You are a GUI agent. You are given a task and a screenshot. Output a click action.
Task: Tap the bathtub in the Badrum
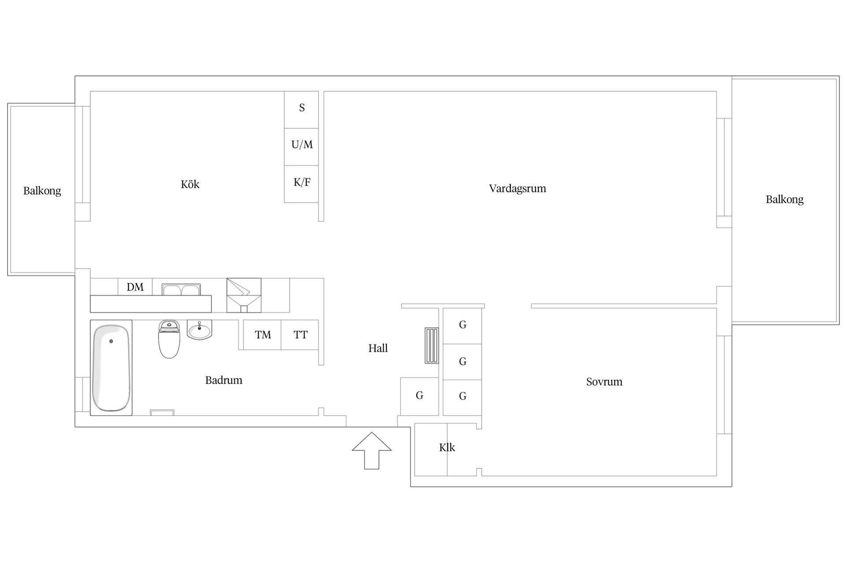click(111, 368)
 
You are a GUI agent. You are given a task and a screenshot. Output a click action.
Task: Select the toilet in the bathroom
click(169, 339)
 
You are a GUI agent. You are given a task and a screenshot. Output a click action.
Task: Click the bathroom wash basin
click(200, 330)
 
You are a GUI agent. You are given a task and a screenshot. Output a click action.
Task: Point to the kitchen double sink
click(181, 289)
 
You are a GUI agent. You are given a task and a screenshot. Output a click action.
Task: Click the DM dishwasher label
click(135, 287)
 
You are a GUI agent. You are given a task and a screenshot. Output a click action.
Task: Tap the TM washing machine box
click(263, 335)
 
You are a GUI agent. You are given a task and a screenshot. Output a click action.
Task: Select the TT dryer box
click(300, 335)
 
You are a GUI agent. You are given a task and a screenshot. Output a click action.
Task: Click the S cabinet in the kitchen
click(301, 110)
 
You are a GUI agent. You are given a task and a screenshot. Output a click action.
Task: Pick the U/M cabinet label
click(302, 145)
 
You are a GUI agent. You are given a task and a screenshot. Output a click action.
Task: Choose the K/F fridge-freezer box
click(301, 184)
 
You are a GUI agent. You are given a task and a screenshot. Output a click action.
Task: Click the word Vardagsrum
click(517, 189)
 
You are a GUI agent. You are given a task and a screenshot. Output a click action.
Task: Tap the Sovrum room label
click(604, 382)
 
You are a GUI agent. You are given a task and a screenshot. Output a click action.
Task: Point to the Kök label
click(190, 184)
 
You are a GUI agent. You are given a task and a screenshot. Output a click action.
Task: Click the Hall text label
click(378, 349)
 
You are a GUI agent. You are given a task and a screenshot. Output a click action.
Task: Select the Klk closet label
click(447, 448)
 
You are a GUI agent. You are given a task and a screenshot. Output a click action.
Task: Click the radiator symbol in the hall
click(432, 345)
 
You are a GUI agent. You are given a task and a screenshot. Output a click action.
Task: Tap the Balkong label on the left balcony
click(42, 191)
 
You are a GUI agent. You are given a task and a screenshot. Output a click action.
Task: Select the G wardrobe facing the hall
click(419, 396)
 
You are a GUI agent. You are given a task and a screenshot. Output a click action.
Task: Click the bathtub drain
click(111, 341)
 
